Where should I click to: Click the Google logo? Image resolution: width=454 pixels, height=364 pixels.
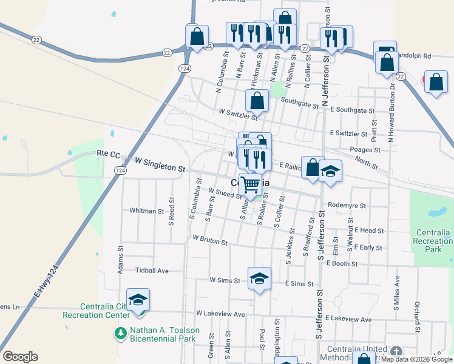(x=20, y=357)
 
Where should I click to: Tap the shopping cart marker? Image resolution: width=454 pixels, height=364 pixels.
(x=250, y=184)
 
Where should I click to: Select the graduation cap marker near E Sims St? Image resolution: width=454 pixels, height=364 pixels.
(x=259, y=279)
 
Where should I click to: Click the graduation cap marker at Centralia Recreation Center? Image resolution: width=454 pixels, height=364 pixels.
(x=138, y=300)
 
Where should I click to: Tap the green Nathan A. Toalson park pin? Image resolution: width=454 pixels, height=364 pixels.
(x=120, y=332)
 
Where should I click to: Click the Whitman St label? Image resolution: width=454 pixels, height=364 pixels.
(x=147, y=211)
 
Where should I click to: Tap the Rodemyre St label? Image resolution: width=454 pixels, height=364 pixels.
(x=347, y=206)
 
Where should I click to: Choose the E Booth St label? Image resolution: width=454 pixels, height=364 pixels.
(x=342, y=263)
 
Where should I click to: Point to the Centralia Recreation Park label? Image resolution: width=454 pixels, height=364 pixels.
(x=433, y=241)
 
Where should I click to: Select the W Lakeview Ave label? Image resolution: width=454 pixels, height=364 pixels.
(x=220, y=314)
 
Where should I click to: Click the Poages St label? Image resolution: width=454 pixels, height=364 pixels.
(x=365, y=149)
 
